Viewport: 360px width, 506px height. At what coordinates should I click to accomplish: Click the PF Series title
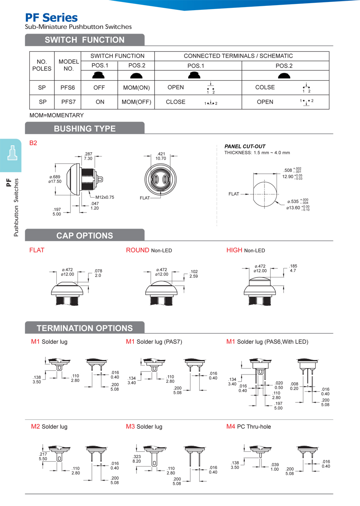click(x=51, y=18)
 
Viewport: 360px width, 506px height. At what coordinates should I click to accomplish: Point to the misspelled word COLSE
click(x=265, y=88)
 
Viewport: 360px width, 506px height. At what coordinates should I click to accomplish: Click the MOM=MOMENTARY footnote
click(x=57, y=115)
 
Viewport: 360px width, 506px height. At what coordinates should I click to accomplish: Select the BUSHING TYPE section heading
click(x=85, y=128)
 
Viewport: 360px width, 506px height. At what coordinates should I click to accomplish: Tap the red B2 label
click(x=33, y=143)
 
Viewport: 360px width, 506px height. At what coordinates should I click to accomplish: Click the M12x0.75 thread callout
click(x=104, y=197)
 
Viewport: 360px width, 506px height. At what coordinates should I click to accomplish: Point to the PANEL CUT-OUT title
click(x=245, y=146)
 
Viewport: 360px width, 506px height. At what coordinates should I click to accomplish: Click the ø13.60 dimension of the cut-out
click(x=293, y=208)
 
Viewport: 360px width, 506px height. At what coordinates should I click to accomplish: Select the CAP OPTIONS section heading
click(x=85, y=236)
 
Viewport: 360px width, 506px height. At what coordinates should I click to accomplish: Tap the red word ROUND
click(x=137, y=250)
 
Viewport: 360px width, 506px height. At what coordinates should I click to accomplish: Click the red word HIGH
click(x=234, y=250)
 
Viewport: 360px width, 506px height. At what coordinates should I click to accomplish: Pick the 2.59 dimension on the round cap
click(x=194, y=276)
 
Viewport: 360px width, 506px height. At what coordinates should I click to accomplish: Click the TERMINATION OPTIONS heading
click(x=85, y=328)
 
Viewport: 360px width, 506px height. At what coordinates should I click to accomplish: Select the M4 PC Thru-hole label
click(x=248, y=427)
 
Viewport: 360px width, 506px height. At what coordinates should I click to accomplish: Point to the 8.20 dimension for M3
click(x=137, y=461)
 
